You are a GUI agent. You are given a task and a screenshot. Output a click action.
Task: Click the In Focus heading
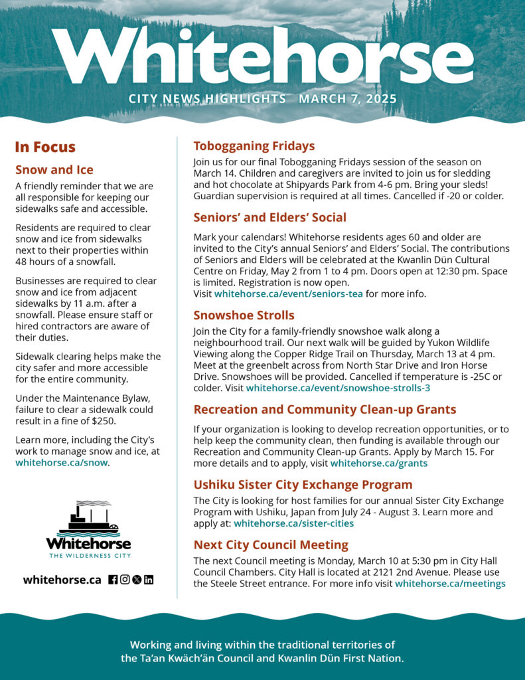pos(45,147)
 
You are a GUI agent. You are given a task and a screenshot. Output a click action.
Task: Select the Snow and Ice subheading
pos(54,170)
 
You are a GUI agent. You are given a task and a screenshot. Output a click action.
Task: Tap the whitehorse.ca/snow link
pos(61,463)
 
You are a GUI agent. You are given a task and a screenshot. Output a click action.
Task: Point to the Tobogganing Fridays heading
pos(254,146)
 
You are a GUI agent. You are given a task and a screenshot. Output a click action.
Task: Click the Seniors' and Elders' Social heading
pos(269,218)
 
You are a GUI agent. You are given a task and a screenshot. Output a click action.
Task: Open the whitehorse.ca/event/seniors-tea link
pos(288,294)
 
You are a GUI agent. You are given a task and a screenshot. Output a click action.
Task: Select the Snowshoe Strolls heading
pos(244,315)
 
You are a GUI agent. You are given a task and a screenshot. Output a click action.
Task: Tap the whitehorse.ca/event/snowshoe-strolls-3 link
pos(338,388)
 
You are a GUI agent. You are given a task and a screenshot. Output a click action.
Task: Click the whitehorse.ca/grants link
pos(378,464)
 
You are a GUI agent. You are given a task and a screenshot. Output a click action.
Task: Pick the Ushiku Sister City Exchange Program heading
pos(303,485)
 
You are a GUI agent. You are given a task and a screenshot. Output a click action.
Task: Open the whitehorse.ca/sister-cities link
pos(293,523)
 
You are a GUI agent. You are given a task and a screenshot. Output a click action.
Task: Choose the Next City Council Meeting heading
pos(271,545)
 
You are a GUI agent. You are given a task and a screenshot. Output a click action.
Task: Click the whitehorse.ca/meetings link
pos(450,584)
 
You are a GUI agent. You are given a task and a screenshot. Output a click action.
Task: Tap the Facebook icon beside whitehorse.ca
pos(113,579)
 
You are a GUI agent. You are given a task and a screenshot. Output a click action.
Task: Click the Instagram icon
pos(125,579)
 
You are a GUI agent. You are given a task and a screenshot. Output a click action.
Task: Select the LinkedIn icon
pos(148,579)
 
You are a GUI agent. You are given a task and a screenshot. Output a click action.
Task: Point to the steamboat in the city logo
pos(88,519)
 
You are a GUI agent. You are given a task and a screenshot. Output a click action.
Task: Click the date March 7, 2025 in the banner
pos(347,100)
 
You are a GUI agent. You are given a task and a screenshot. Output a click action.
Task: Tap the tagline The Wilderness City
pos(88,555)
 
